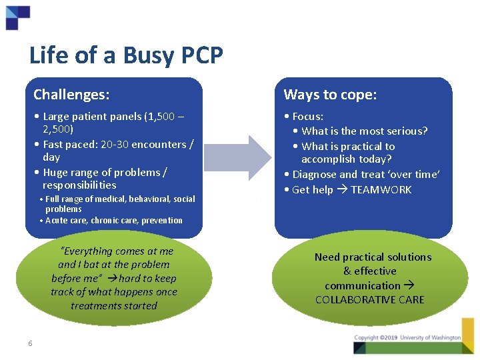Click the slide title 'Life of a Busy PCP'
pos(126,55)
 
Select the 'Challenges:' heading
pos(71,95)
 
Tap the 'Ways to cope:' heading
pos(330,95)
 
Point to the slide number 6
pos(30,343)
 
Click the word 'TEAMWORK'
pos(381,189)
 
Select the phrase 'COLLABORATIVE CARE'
pos(369,299)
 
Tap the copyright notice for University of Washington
pos(407,338)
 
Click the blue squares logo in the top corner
pos(17,17)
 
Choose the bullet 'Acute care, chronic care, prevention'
pos(113,220)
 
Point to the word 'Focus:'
pos(308,117)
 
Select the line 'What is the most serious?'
pos(364,131)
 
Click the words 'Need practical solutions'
pos(373,257)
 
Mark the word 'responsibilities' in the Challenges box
pos(79,185)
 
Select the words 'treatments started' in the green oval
pos(114,305)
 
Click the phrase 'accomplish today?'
pos(346,159)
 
